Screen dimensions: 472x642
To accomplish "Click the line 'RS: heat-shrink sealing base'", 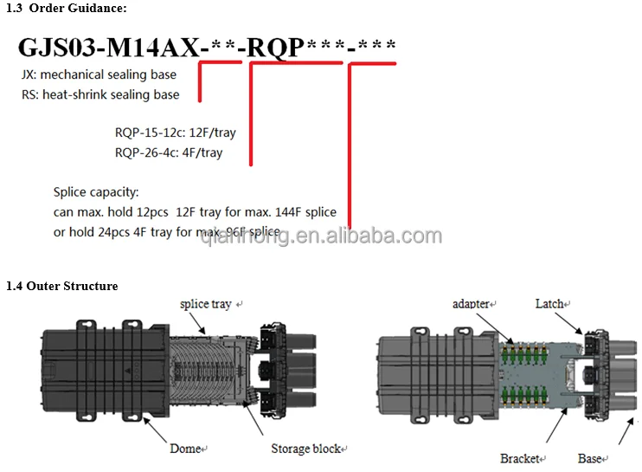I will click(x=100, y=94).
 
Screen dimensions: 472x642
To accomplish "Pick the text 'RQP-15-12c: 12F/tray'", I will click(x=175, y=133).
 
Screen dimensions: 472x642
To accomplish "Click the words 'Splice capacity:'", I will click(x=96, y=192).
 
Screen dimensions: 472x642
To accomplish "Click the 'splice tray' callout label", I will click(x=206, y=304).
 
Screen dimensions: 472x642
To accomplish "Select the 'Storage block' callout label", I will click(x=305, y=449).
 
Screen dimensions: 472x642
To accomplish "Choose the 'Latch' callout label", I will click(x=549, y=304).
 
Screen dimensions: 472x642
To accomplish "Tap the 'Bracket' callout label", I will click(x=519, y=458).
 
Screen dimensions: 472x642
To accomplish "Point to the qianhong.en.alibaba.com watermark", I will click(x=320, y=236).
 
